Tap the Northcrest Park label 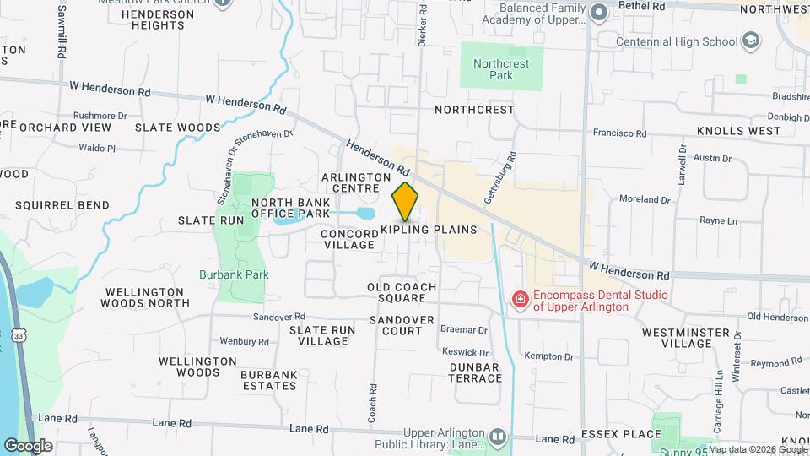494,69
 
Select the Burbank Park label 234,274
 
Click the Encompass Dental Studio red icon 521,298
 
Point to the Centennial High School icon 751,41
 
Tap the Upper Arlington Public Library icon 498,437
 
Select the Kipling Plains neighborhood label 429,230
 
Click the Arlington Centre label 355,182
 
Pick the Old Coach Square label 402,292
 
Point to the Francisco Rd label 619,133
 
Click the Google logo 28,445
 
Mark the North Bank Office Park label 291,209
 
